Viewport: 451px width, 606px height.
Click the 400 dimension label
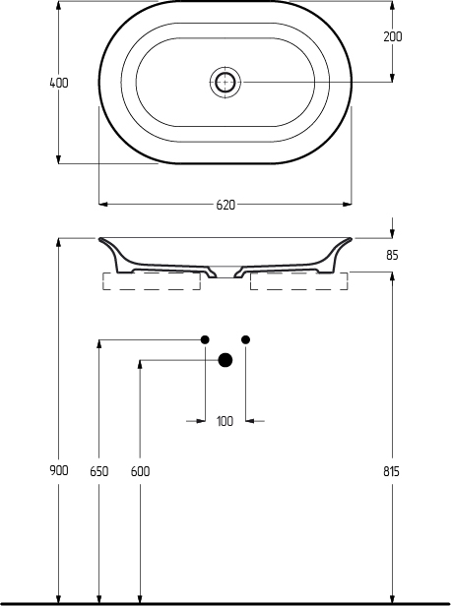pos(59,83)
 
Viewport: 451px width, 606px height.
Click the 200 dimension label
pos(393,36)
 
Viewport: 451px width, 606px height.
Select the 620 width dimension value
pos(225,205)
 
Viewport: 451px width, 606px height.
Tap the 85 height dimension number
pos(392,255)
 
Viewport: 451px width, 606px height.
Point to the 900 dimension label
pos(59,470)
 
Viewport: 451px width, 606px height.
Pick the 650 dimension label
pos(99,471)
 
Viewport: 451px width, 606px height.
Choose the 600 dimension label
pos(140,471)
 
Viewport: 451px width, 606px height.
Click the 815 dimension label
pos(392,471)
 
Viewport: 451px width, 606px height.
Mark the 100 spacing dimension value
pos(225,421)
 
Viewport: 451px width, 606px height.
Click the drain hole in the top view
pos(225,82)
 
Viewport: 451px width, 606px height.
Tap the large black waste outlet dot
pos(225,360)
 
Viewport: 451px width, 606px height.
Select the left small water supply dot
pos(205,339)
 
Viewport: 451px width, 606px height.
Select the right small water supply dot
pos(245,339)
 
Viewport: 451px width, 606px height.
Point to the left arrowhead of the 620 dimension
pos(103,204)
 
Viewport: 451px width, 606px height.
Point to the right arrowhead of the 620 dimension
pos(347,204)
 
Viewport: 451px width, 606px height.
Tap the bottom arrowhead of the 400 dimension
pos(58,158)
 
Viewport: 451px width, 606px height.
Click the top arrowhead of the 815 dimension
pos(392,276)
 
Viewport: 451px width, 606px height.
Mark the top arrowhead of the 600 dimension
pos(140,365)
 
